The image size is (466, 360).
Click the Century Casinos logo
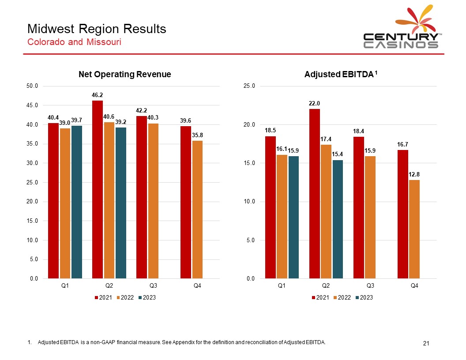(x=401, y=28)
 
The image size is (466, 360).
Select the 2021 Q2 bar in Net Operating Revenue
(x=98, y=190)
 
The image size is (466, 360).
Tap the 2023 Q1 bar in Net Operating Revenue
(x=77, y=202)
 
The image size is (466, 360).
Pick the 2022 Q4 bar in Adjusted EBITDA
(x=414, y=229)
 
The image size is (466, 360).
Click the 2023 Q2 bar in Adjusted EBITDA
(x=338, y=219)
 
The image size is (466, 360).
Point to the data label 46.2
(x=98, y=95)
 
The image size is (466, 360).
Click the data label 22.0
(x=314, y=103)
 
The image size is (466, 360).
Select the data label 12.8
(x=414, y=174)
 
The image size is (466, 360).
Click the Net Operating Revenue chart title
(x=124, y=74)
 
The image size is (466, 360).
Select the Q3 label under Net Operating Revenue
(x=153, y=286)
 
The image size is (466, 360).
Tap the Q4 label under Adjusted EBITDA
(x=414, y=286)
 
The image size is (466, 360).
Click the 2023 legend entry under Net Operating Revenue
(x=147, y=298)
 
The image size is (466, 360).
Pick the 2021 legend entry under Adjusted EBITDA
(x=321, y=298)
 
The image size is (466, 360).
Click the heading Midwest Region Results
(x=97, y=29)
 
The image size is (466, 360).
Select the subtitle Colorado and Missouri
(x=74, y=42)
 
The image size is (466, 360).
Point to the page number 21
(x=426, y=343)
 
